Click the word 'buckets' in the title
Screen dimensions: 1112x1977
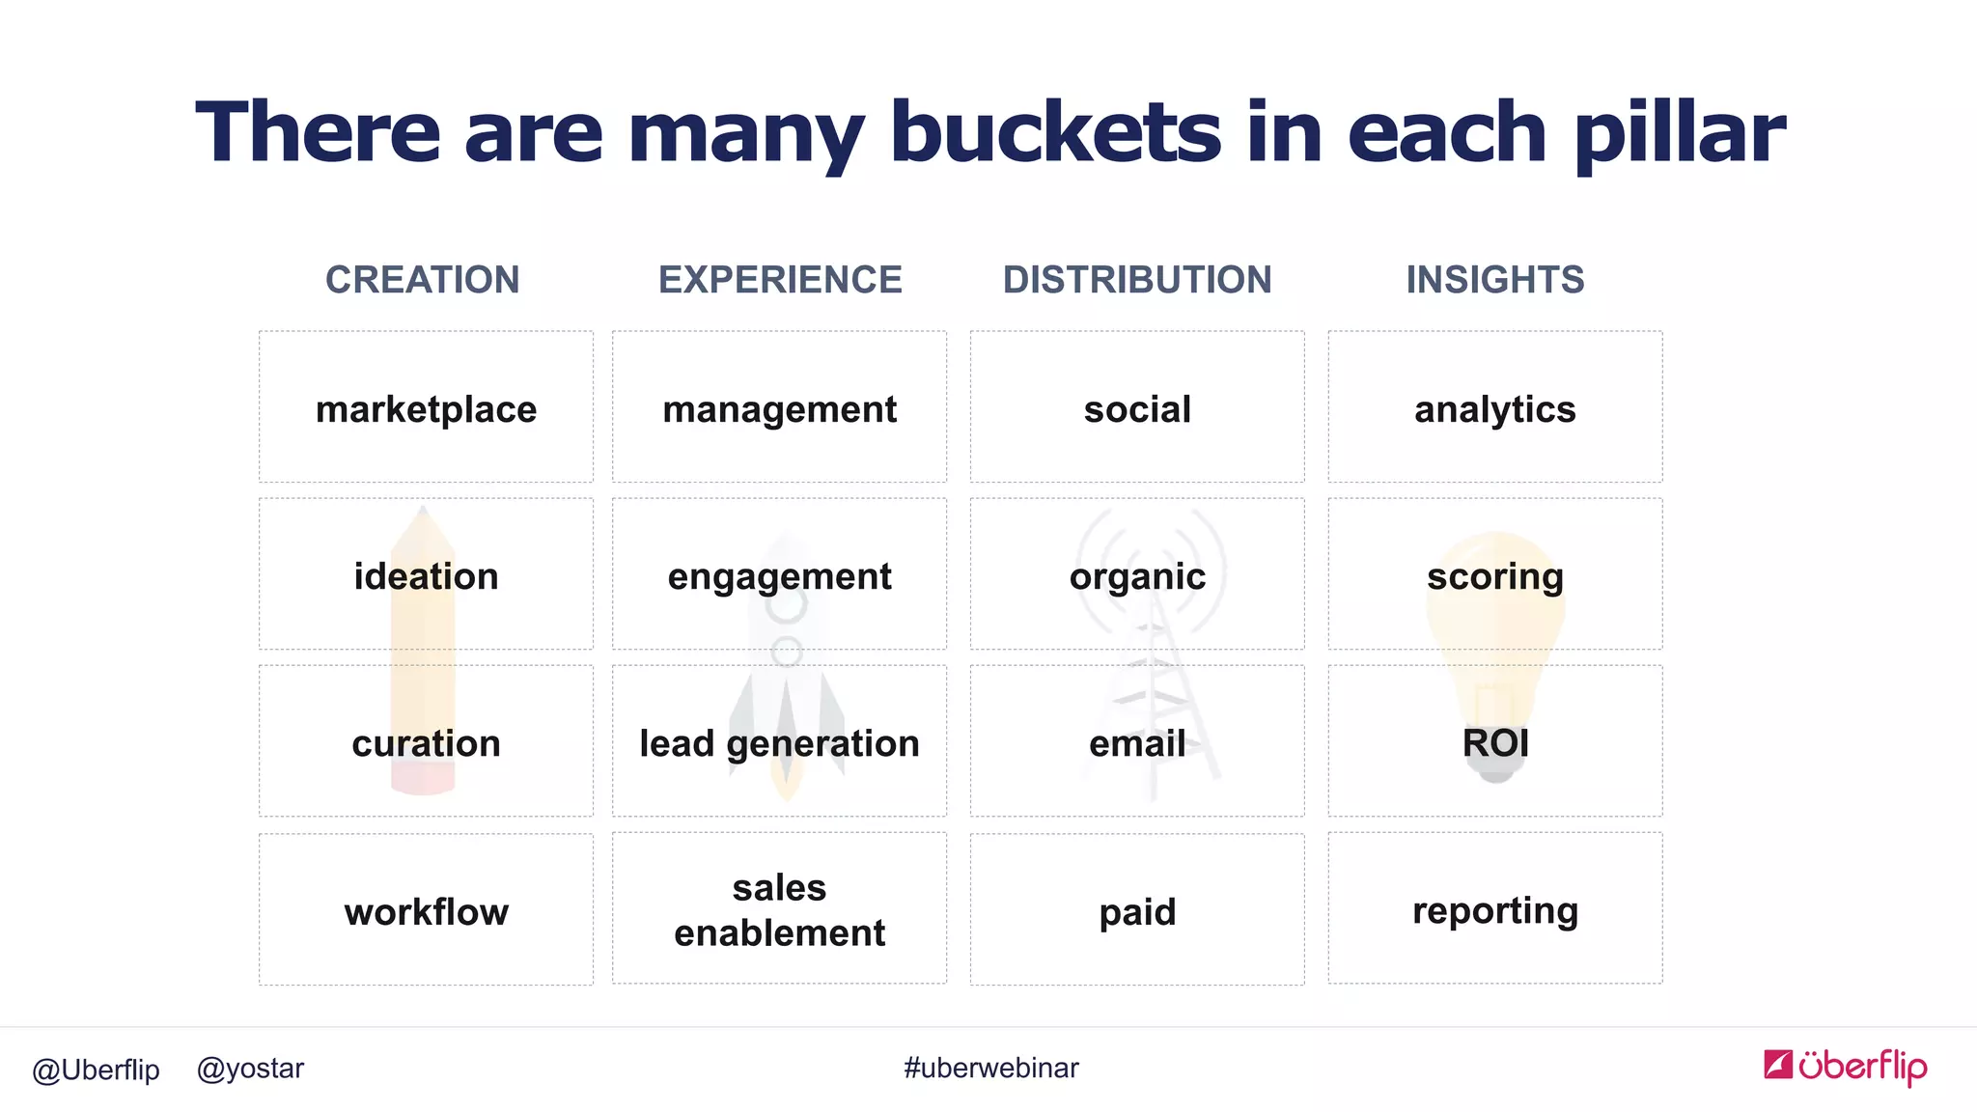1055,132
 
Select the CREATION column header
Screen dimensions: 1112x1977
422,280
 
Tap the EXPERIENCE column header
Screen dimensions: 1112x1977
780,280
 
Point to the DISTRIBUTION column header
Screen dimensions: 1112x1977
1137,280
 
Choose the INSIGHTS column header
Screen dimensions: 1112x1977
1494,280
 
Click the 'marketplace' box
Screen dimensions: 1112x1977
426,407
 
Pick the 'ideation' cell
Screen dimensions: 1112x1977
426,574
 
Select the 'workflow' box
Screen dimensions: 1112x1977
426,909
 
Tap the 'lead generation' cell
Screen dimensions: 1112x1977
779,741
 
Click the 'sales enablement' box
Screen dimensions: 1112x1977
779,909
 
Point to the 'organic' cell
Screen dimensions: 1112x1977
1137,574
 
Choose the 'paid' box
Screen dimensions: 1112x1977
1137,909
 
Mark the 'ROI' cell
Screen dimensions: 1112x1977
1495,741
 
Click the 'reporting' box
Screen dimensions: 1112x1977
1495,909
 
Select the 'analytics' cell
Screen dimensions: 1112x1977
1495,407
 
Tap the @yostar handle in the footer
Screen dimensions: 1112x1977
250,1069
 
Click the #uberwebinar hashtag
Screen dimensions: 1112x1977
990,1068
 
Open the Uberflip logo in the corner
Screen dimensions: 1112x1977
1845,1066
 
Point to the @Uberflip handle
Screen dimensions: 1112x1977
96,1070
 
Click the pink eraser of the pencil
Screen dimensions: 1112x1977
423,779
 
